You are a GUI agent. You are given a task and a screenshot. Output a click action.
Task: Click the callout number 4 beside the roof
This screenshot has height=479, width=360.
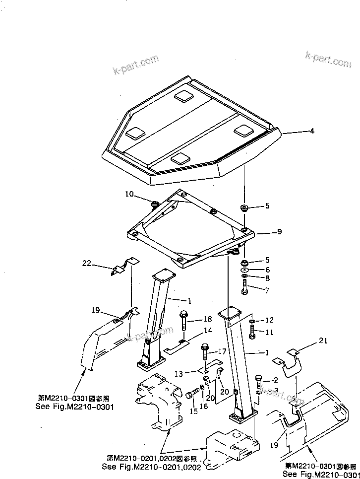[x=312, y=132]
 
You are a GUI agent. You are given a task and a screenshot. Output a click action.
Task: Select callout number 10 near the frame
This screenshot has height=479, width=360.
[x=129, y=194]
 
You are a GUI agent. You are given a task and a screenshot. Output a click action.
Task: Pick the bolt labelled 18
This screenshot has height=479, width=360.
[x=184, y=321]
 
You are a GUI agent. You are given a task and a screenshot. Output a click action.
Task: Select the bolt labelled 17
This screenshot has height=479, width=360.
[x=205, y=353]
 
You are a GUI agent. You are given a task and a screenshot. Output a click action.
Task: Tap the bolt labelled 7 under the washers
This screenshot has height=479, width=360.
[x=245, y=285]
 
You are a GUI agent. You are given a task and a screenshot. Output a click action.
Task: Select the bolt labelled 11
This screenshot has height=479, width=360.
[x=252, y=332]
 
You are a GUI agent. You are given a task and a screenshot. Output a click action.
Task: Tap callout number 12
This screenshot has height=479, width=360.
[x=269, y=320]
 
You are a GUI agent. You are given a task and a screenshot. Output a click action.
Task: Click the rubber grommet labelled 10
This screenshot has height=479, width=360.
[x=154, y=203]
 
